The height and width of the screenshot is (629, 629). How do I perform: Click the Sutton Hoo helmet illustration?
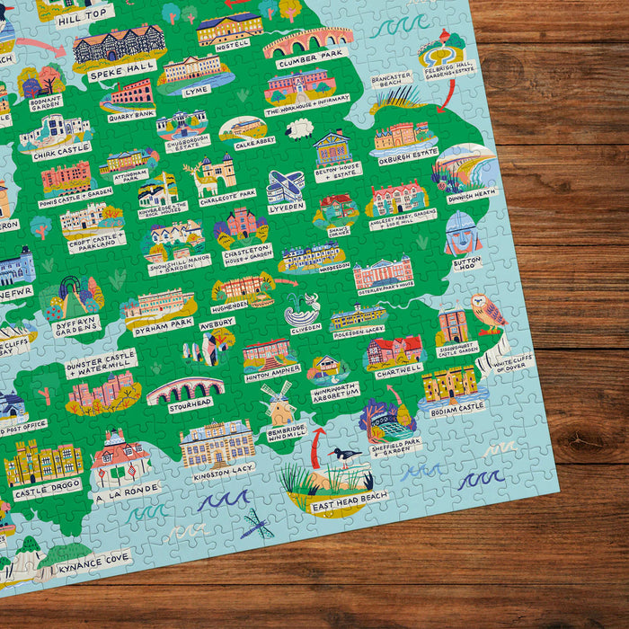[x=463, y=233]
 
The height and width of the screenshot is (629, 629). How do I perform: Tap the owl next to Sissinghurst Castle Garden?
[x=489, y=311]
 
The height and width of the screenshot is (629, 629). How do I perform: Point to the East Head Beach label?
[x=349, y=506]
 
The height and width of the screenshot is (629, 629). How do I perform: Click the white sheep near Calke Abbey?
[x=299, y=130]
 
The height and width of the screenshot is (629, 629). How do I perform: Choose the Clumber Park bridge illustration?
[x=308, y=41]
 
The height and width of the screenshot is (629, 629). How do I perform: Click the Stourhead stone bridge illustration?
[x=185, y=389]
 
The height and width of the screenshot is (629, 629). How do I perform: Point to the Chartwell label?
[x=400, y=368]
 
